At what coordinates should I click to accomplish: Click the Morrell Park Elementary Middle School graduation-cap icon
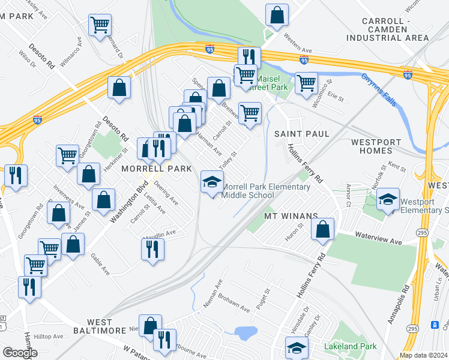[212, 181]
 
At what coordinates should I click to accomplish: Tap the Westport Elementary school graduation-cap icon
[388, 199]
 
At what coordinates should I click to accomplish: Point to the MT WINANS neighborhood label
[291, 215]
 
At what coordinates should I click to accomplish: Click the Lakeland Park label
[350, 347]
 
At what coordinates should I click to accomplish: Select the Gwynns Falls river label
[379, 91]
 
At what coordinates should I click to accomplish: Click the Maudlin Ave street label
[162, 233]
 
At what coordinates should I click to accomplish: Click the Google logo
[20, 353]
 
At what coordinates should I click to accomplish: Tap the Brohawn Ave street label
[235, 304]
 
